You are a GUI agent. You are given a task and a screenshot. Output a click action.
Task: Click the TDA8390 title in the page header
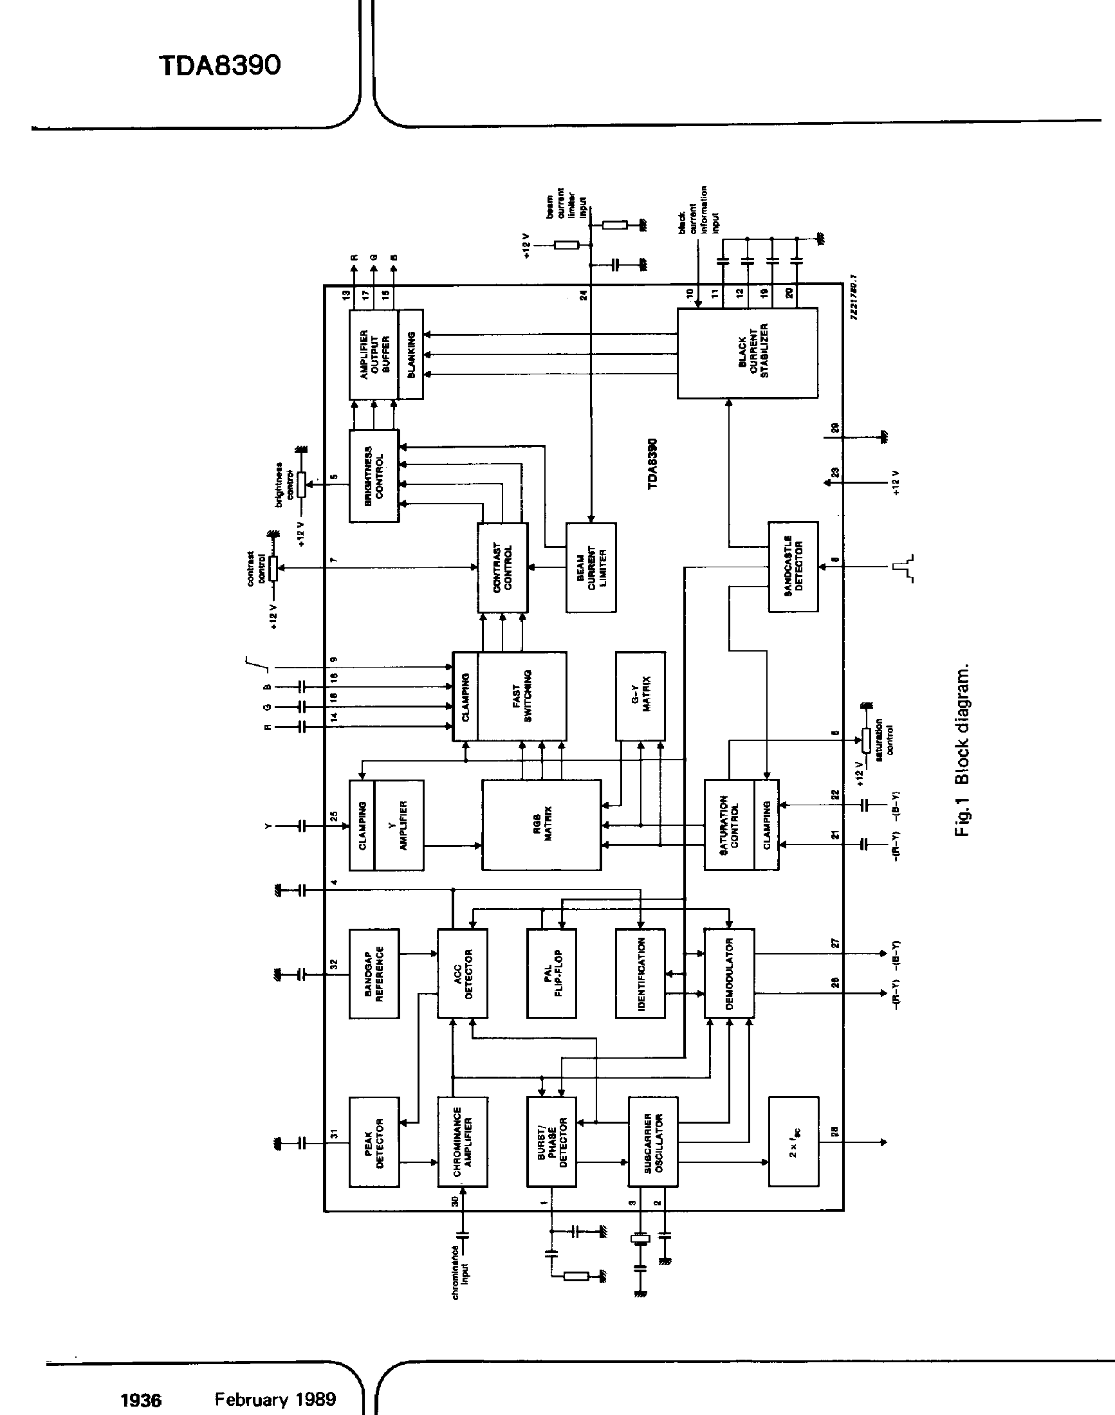pyautogui.click(x=220, y=65)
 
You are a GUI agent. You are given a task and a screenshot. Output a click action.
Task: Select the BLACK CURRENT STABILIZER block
pyautogui.click(x=748, y=353)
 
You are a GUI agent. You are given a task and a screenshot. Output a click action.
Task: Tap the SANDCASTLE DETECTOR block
pyautogui.click(x=793, y=566)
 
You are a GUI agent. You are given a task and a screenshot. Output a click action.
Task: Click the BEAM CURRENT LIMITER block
pyautogui.click(x=591, y=567)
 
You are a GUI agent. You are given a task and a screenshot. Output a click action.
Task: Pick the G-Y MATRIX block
pyautogui.click(x=640, y=695)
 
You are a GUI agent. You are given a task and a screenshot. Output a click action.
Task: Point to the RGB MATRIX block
pyautogui.click(x=541, y=825)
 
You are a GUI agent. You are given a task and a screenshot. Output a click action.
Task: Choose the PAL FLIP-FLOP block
pyautogui.click(x=551, y=973)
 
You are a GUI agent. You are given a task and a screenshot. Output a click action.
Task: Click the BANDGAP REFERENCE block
pyautogui.click(x=374, y=973)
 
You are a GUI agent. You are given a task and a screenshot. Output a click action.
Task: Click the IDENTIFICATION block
pyautogui.click(x=640, y=973)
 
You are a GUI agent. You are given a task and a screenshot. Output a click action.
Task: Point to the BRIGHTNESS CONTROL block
pyautogui.click(x=374, y=475)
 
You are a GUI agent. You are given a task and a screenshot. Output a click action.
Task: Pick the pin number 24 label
pyautogui.click(x=584, y=295)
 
